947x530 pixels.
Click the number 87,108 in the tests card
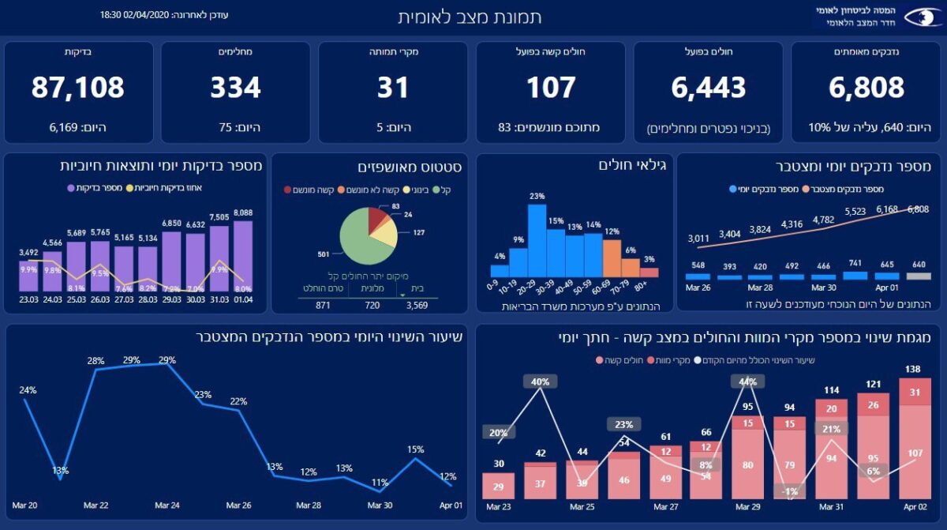tap(78, 88)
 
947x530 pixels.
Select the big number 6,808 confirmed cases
tap(866, 88)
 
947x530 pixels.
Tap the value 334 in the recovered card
tap(235, 88)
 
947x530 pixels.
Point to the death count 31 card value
tap(393, 88)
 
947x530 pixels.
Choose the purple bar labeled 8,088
tap(243, 257)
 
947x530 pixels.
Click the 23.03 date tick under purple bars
tap(29, 299)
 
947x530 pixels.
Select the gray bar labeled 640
tap(918, 276)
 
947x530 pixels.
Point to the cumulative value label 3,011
tap(698, 238)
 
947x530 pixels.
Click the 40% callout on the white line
tap(540, 382)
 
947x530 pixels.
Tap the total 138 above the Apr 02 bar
tap(911, 369)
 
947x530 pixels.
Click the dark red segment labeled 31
tap(914, 393)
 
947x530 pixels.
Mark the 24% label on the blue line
tap(28, 390)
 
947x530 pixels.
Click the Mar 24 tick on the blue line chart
tap(167, 505)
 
